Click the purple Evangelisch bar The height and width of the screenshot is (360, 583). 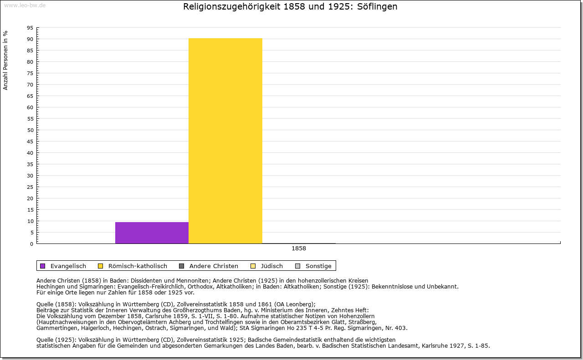coord(152,233)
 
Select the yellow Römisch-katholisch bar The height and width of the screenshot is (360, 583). coord(225,141)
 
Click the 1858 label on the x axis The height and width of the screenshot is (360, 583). coord(299,248)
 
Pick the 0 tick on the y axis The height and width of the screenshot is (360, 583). coord(31,244)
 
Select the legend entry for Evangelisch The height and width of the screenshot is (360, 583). coord(68,266)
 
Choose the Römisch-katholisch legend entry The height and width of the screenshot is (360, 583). coord(131,266)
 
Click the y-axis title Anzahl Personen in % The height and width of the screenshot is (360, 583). coord(5,60)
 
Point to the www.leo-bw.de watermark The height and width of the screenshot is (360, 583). coord(23,5)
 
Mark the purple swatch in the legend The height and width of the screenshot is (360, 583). coord(43,266)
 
